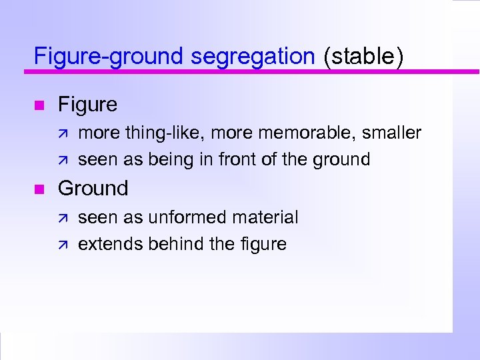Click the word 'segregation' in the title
252,57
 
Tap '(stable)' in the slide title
363,57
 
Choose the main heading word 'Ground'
93,189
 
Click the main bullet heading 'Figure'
87,105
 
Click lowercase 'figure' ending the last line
263,245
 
